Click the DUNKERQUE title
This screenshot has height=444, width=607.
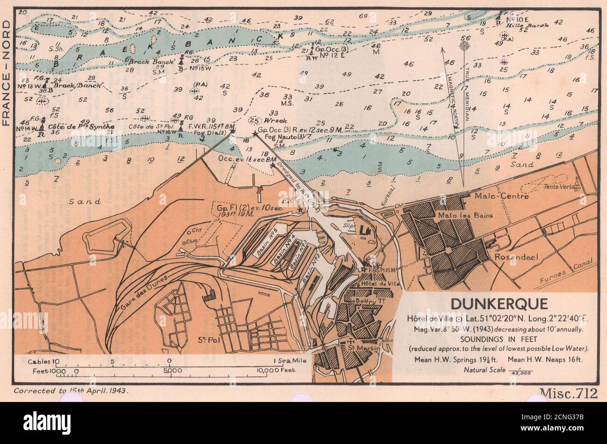499,304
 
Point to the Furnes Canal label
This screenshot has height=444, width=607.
560,273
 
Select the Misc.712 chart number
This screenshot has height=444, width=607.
568,394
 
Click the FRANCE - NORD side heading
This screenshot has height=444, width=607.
7,68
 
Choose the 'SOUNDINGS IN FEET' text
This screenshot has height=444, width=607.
499,339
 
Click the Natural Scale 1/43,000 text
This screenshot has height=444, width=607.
498,370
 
